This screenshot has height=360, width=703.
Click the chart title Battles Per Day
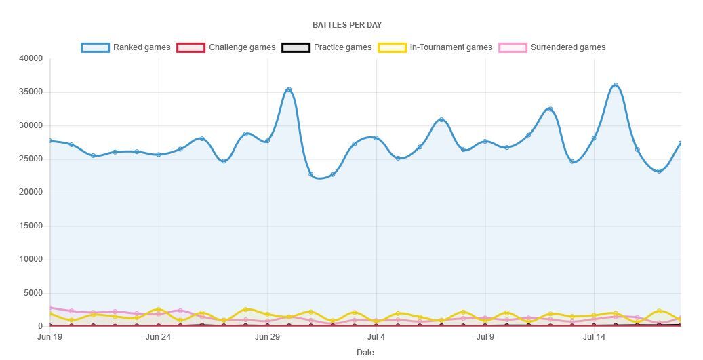click(x=346, y=25)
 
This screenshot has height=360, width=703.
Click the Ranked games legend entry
click(x=126, y=47)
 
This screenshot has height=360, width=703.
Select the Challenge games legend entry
click(x=226, y=47)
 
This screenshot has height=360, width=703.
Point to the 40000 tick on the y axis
click(x=32, y=59)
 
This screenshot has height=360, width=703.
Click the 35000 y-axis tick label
click(x=32, y=92)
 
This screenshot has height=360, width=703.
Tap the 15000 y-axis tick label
click(x=32, y=226)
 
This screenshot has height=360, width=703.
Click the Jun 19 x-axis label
click(x=49, y=336)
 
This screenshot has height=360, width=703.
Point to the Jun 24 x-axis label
click(x=158, y=336)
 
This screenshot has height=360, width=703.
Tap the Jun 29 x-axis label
click(x=267, y=336)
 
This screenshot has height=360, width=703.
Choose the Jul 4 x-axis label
click(x=376, y=336)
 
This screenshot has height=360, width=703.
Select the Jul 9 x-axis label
click(x=485, y=336)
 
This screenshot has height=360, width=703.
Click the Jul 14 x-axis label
click(x=594, y=336)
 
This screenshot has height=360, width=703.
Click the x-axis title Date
click(x=365, y=352)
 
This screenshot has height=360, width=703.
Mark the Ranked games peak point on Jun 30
click(x=289, y=89)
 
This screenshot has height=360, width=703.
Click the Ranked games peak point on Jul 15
click(x=616, y=85)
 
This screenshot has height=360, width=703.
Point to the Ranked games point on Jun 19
click(x=50, y=141)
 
